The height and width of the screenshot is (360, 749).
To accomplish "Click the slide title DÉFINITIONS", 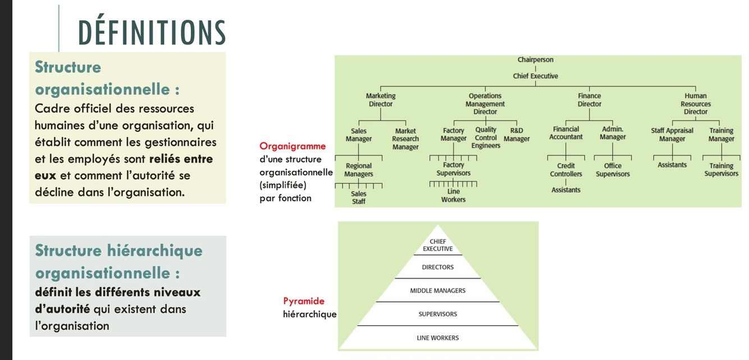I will pyautogui.click(x=152, y=33).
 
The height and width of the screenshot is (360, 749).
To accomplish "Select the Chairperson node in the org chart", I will pyautogui.click(x=535, y=60).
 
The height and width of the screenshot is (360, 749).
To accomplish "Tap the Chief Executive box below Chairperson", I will pyautogui.click(x=535, y=76).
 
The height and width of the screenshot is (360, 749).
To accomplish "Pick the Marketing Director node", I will pyautogui.click(x=381, y=100).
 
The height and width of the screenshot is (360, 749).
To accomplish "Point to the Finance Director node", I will pyautogui.click(x=589, y=100).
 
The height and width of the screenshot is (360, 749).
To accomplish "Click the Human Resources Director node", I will pyautogui.click(x=695, y=104).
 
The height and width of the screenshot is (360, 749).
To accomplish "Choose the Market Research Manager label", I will pyautogui.click(x=405, y=139).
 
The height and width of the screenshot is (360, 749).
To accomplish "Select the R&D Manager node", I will pyautogui.click(x=517, y=135).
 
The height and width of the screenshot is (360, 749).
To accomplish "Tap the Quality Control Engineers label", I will pyautogui.click(x=486, y=138).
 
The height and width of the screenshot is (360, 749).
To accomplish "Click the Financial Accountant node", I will pyautogui.click(x=565, y=133).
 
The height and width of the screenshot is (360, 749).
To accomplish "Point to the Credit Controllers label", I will pyautogui.click(x=566, y=170).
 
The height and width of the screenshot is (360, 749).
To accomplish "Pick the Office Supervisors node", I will pyautogui.click(x=613, y=170).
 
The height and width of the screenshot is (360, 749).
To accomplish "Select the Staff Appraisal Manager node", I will pyautogui.click(x=672, y=135).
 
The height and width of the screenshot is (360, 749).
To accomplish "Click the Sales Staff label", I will pyautogui.click(x=359, y=197).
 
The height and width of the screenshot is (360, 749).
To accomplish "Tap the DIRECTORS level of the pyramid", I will pyautogui.click(x=437, y=267).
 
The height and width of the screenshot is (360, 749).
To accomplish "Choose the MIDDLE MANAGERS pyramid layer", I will pyautogui.click(x=437, y=291).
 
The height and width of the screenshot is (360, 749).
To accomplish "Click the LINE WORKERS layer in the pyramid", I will pyautogui.click(x=437, y=338).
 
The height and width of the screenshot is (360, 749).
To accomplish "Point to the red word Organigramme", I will pyautogui.click(x=293, y=146).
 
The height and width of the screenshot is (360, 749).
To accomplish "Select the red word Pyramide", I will pyautogui.click(x=304, y=301).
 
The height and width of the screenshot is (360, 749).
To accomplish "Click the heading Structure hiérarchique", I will pyautogui.click(x=118, y=250).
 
